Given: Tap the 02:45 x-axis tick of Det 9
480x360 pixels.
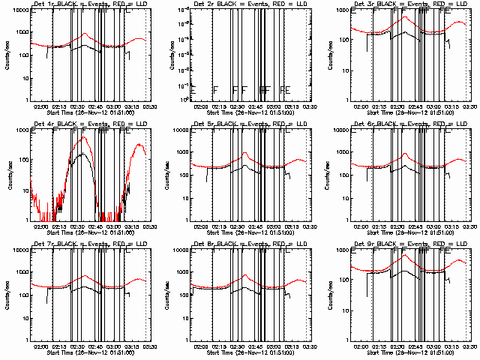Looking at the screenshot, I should point(416,346).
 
